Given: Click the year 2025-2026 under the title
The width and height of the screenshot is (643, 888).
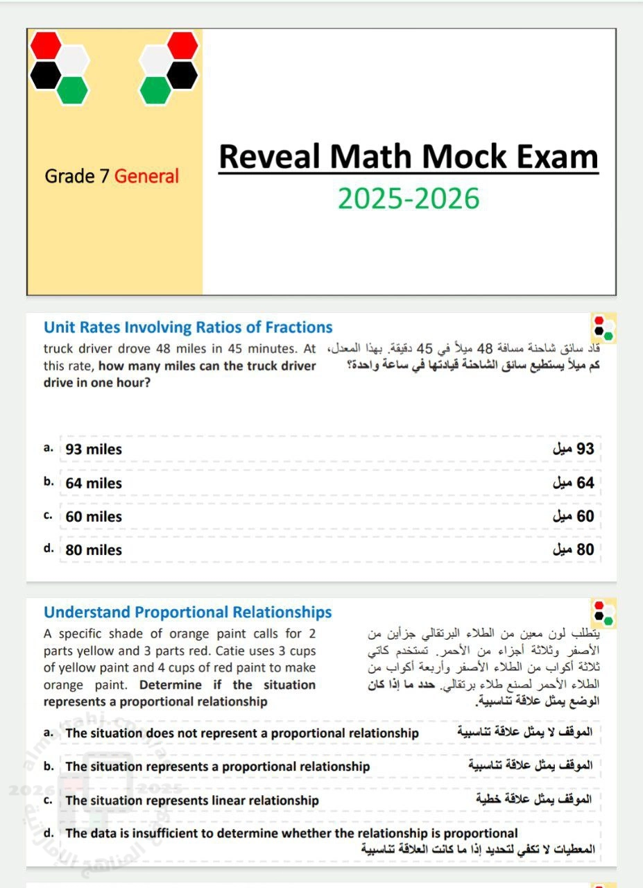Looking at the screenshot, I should [x=409, y=198].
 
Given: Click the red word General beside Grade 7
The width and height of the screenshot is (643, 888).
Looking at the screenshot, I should [x=146, y=176].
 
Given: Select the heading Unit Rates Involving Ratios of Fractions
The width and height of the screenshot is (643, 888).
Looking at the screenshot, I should [x=188, y=327].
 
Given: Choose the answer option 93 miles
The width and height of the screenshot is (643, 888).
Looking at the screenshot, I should [x=94, y=450].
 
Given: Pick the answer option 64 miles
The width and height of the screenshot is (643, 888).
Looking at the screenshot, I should [x=94, y=484].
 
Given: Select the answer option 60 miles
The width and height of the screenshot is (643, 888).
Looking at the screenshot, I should [x=94, y=517].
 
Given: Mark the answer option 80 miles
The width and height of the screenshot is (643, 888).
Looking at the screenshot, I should [x=94, y=550].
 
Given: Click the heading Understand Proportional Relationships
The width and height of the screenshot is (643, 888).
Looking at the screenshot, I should [x=187, y=613].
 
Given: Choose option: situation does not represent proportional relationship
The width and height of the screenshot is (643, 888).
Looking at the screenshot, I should [x=242, y=733].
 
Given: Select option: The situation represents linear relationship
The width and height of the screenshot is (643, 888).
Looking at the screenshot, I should [x=192, y=801].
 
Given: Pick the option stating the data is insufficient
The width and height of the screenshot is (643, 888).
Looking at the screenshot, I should [x=291, y=833].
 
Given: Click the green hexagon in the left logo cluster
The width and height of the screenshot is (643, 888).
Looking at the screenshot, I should [x=72, y=89].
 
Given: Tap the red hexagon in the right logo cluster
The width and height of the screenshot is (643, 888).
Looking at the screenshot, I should [x=183, y=46].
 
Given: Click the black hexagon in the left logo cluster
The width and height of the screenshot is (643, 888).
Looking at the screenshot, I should [x=46, y=75].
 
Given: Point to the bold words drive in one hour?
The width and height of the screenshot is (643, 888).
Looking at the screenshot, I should [x=97, y=382].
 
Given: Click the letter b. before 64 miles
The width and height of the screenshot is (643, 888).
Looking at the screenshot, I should [x=49, y=482].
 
